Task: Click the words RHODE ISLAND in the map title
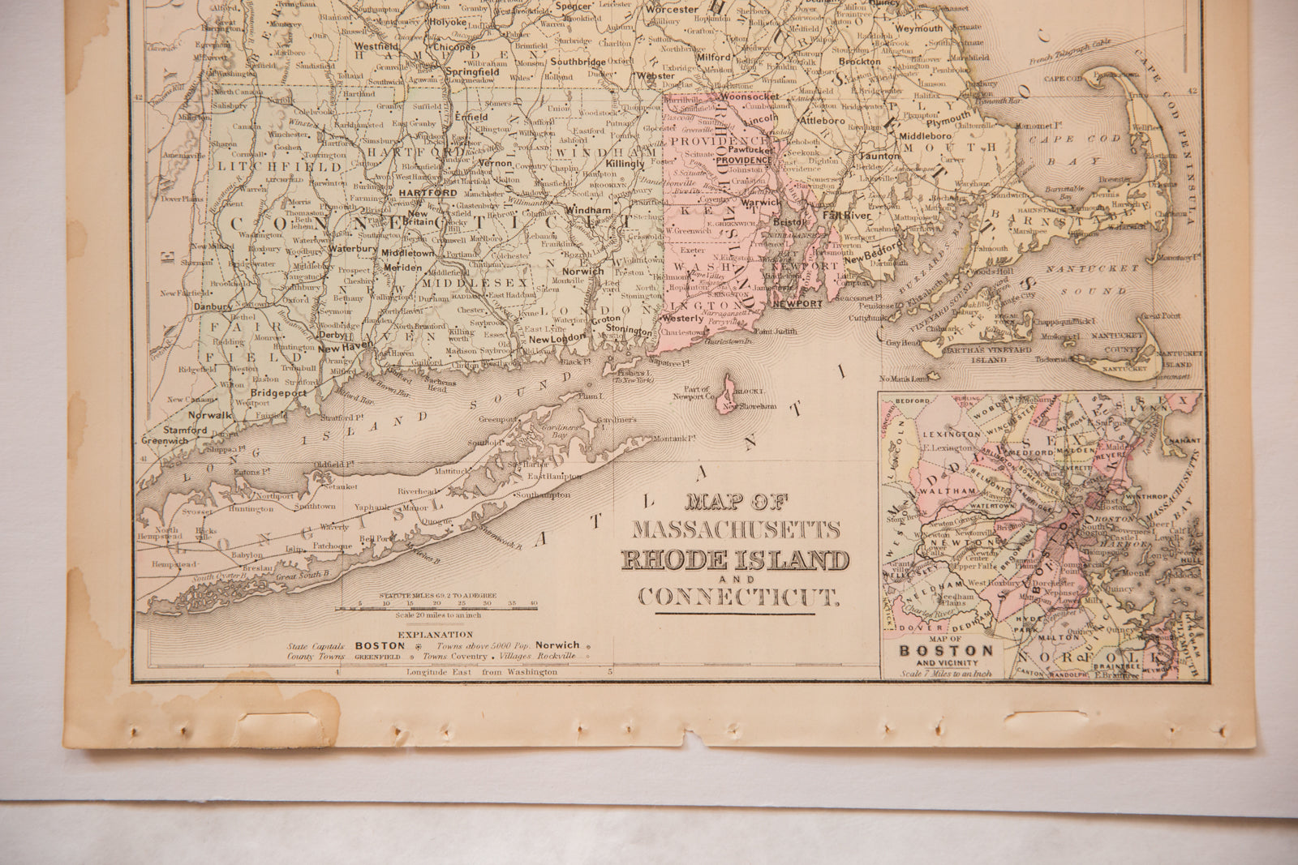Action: pyautogui.click(x=736, y=561)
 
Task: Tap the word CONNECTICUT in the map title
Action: pyautogui.click(x=737, y=598)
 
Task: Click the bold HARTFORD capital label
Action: pyautogui.click(x=428, y=193)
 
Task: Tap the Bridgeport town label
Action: pyautogui.click(x=271, y=392)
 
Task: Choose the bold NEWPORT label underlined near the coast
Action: pyautogui.click(x=797, y=303)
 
